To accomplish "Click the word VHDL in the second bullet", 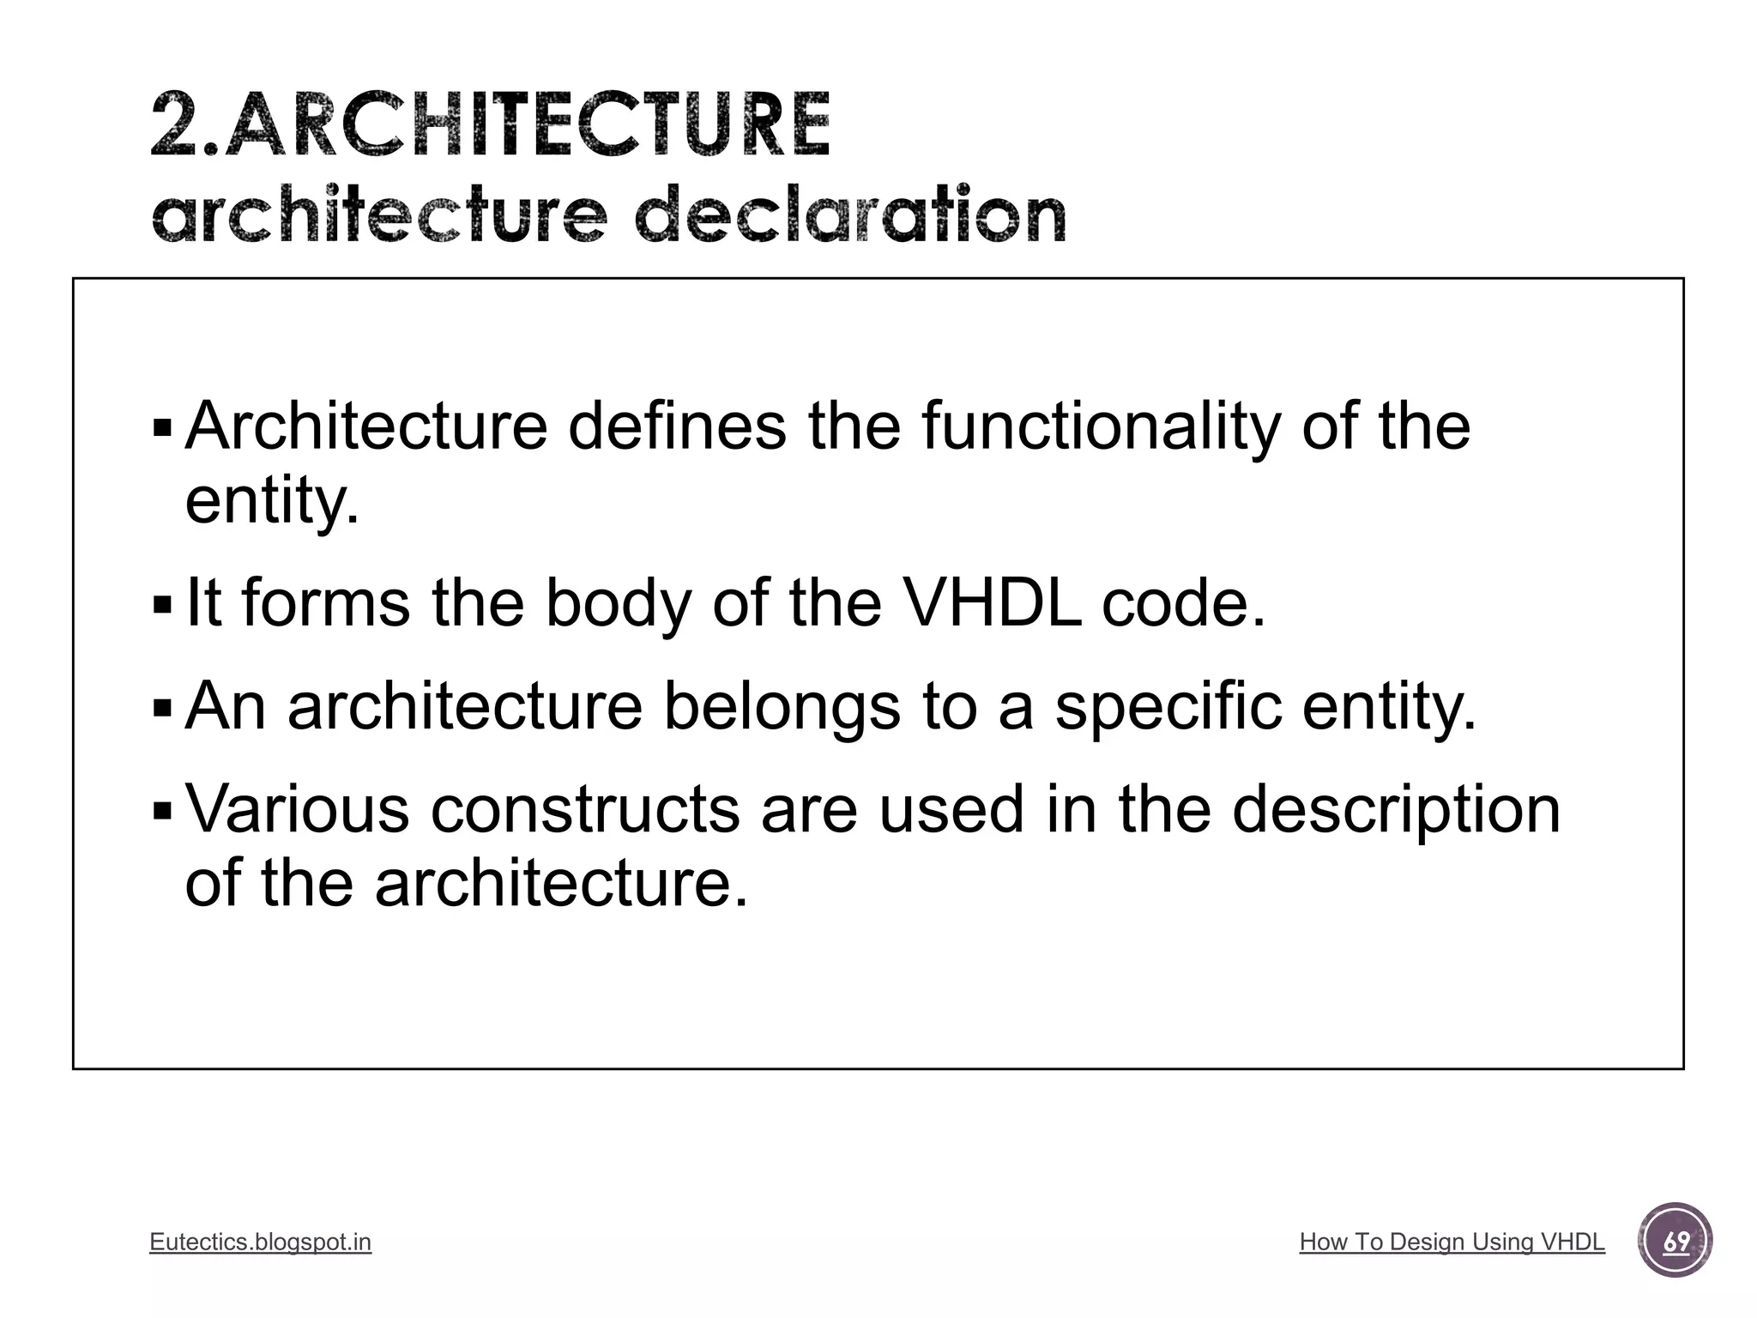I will click(x=993, y=602).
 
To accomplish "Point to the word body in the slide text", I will click(x=618, y=604).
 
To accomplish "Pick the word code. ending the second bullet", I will click(x=1184, y=602).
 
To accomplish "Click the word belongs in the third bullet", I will click(x=782, y=706).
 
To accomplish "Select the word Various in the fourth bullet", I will click(x=297, y=809).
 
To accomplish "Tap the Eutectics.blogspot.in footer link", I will click(x=260, y=1242).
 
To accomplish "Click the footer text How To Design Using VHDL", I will click(x=1452, y=1242).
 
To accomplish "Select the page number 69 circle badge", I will click(x=1675, y=1241).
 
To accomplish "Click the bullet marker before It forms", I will click(x=161, y=606).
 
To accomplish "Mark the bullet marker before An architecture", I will click(x=161, y=709).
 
